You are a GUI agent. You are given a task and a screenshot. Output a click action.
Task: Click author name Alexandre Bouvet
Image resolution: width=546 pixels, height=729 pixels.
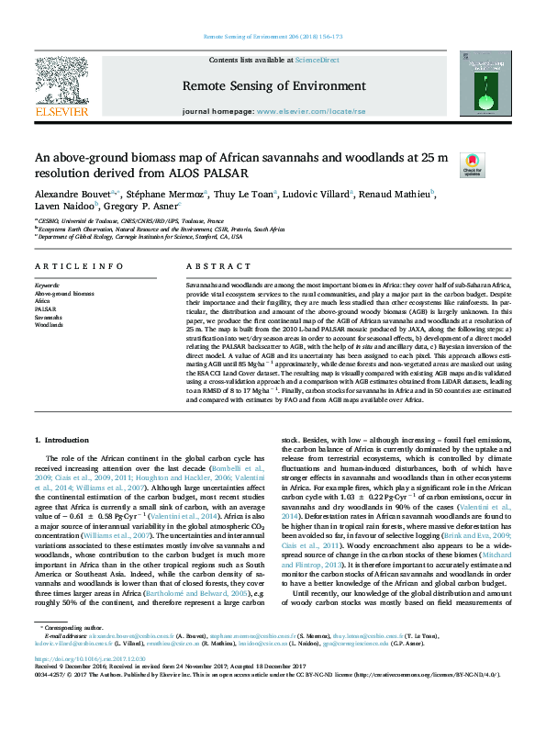click(x=71, y=195)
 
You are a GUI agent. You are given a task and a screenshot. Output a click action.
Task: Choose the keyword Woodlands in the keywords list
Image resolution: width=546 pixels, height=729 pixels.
click(x=49, y=325)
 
